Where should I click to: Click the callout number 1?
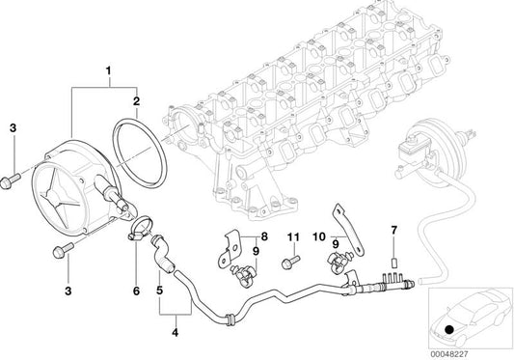tap(109, 70)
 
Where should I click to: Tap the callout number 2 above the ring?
tap(136, 101)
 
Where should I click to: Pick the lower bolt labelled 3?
tap(63, 250)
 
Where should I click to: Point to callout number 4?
tap(176, 332)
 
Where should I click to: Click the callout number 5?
tap(160, 291)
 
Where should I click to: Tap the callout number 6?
tap(136, 291)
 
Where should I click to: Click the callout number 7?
tap(393, 231)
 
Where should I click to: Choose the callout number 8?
tap(264, 236)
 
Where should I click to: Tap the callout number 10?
tap(319, 236)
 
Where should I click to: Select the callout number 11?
tap(293, 236)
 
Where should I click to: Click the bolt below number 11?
tap(290, 263)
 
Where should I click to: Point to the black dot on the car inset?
tap(449, 328)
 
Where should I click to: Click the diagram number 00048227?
tap(449, 355)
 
